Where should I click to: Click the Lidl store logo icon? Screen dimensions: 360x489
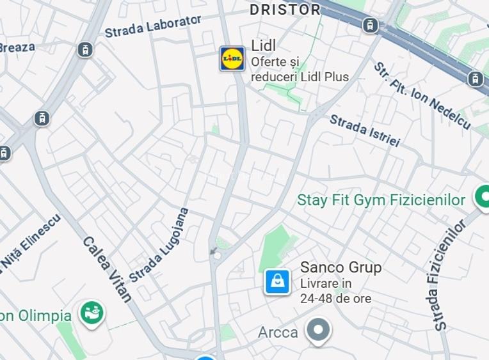click(x=232, y=59)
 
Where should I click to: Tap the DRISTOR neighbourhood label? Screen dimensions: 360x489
click(x=285, y=10)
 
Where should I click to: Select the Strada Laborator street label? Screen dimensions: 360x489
click(x=153, y=26)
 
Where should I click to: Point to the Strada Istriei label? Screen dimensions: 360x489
click(x=364, y=130)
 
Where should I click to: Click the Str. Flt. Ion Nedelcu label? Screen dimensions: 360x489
click(x=422, y=97)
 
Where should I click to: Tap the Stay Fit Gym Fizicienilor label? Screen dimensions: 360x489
click(x=381, y=200)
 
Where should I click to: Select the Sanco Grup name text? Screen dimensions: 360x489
click(x=341, y=267)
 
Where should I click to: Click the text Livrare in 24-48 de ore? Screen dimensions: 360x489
click(x=335, y=291)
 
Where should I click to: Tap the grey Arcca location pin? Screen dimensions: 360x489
click(x=317, y=331)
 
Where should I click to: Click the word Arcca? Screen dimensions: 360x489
click(x=278, y=333)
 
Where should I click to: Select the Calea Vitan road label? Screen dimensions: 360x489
click(x=108, y=269)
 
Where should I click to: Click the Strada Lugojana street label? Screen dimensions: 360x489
click(x=159, y=245)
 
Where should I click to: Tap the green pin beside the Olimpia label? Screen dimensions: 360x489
click(x=92, y=313)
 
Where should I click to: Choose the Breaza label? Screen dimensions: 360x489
click(x=17, y=47)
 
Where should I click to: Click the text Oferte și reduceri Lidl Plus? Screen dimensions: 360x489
click(x=300, y=70)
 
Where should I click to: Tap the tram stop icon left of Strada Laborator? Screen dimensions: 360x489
click(x=85, y=49)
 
